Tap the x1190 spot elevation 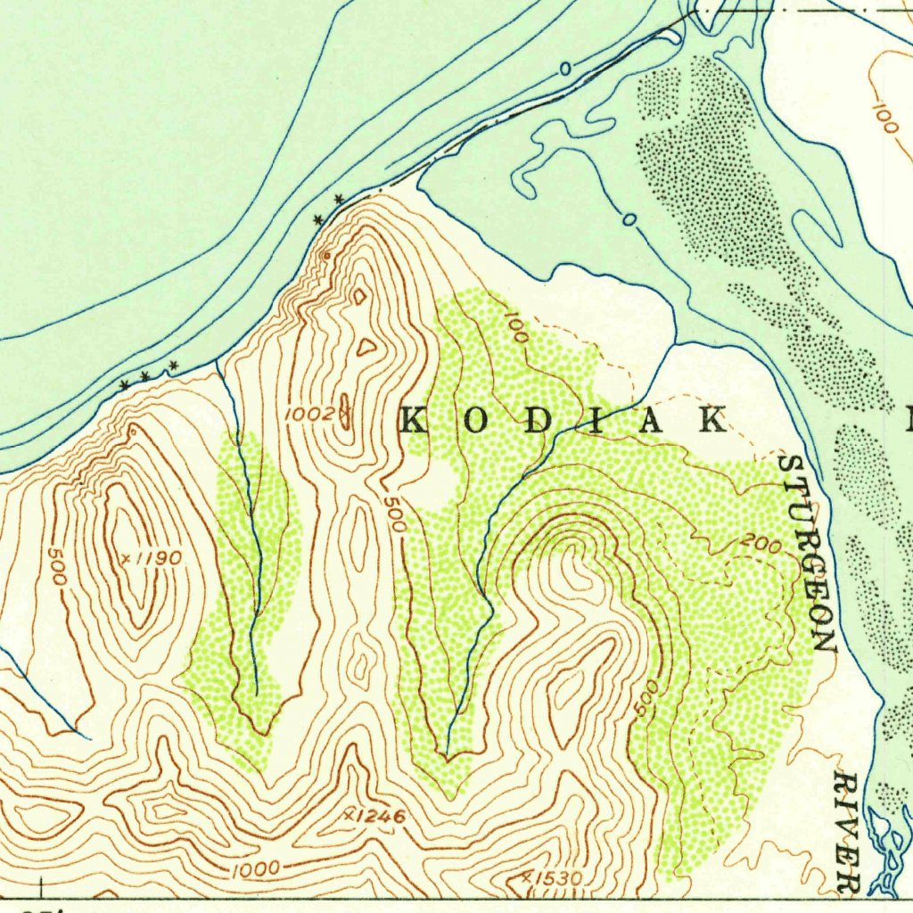(152, 558)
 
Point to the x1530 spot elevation (553, 878)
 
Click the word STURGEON (807, 553)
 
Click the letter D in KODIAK (538, 420)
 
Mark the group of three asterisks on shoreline (149, 374)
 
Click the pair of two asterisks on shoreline (327, 210)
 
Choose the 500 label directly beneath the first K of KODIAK (394, 514)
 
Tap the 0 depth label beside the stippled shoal (629, 218)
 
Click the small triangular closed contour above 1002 (365, 348)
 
